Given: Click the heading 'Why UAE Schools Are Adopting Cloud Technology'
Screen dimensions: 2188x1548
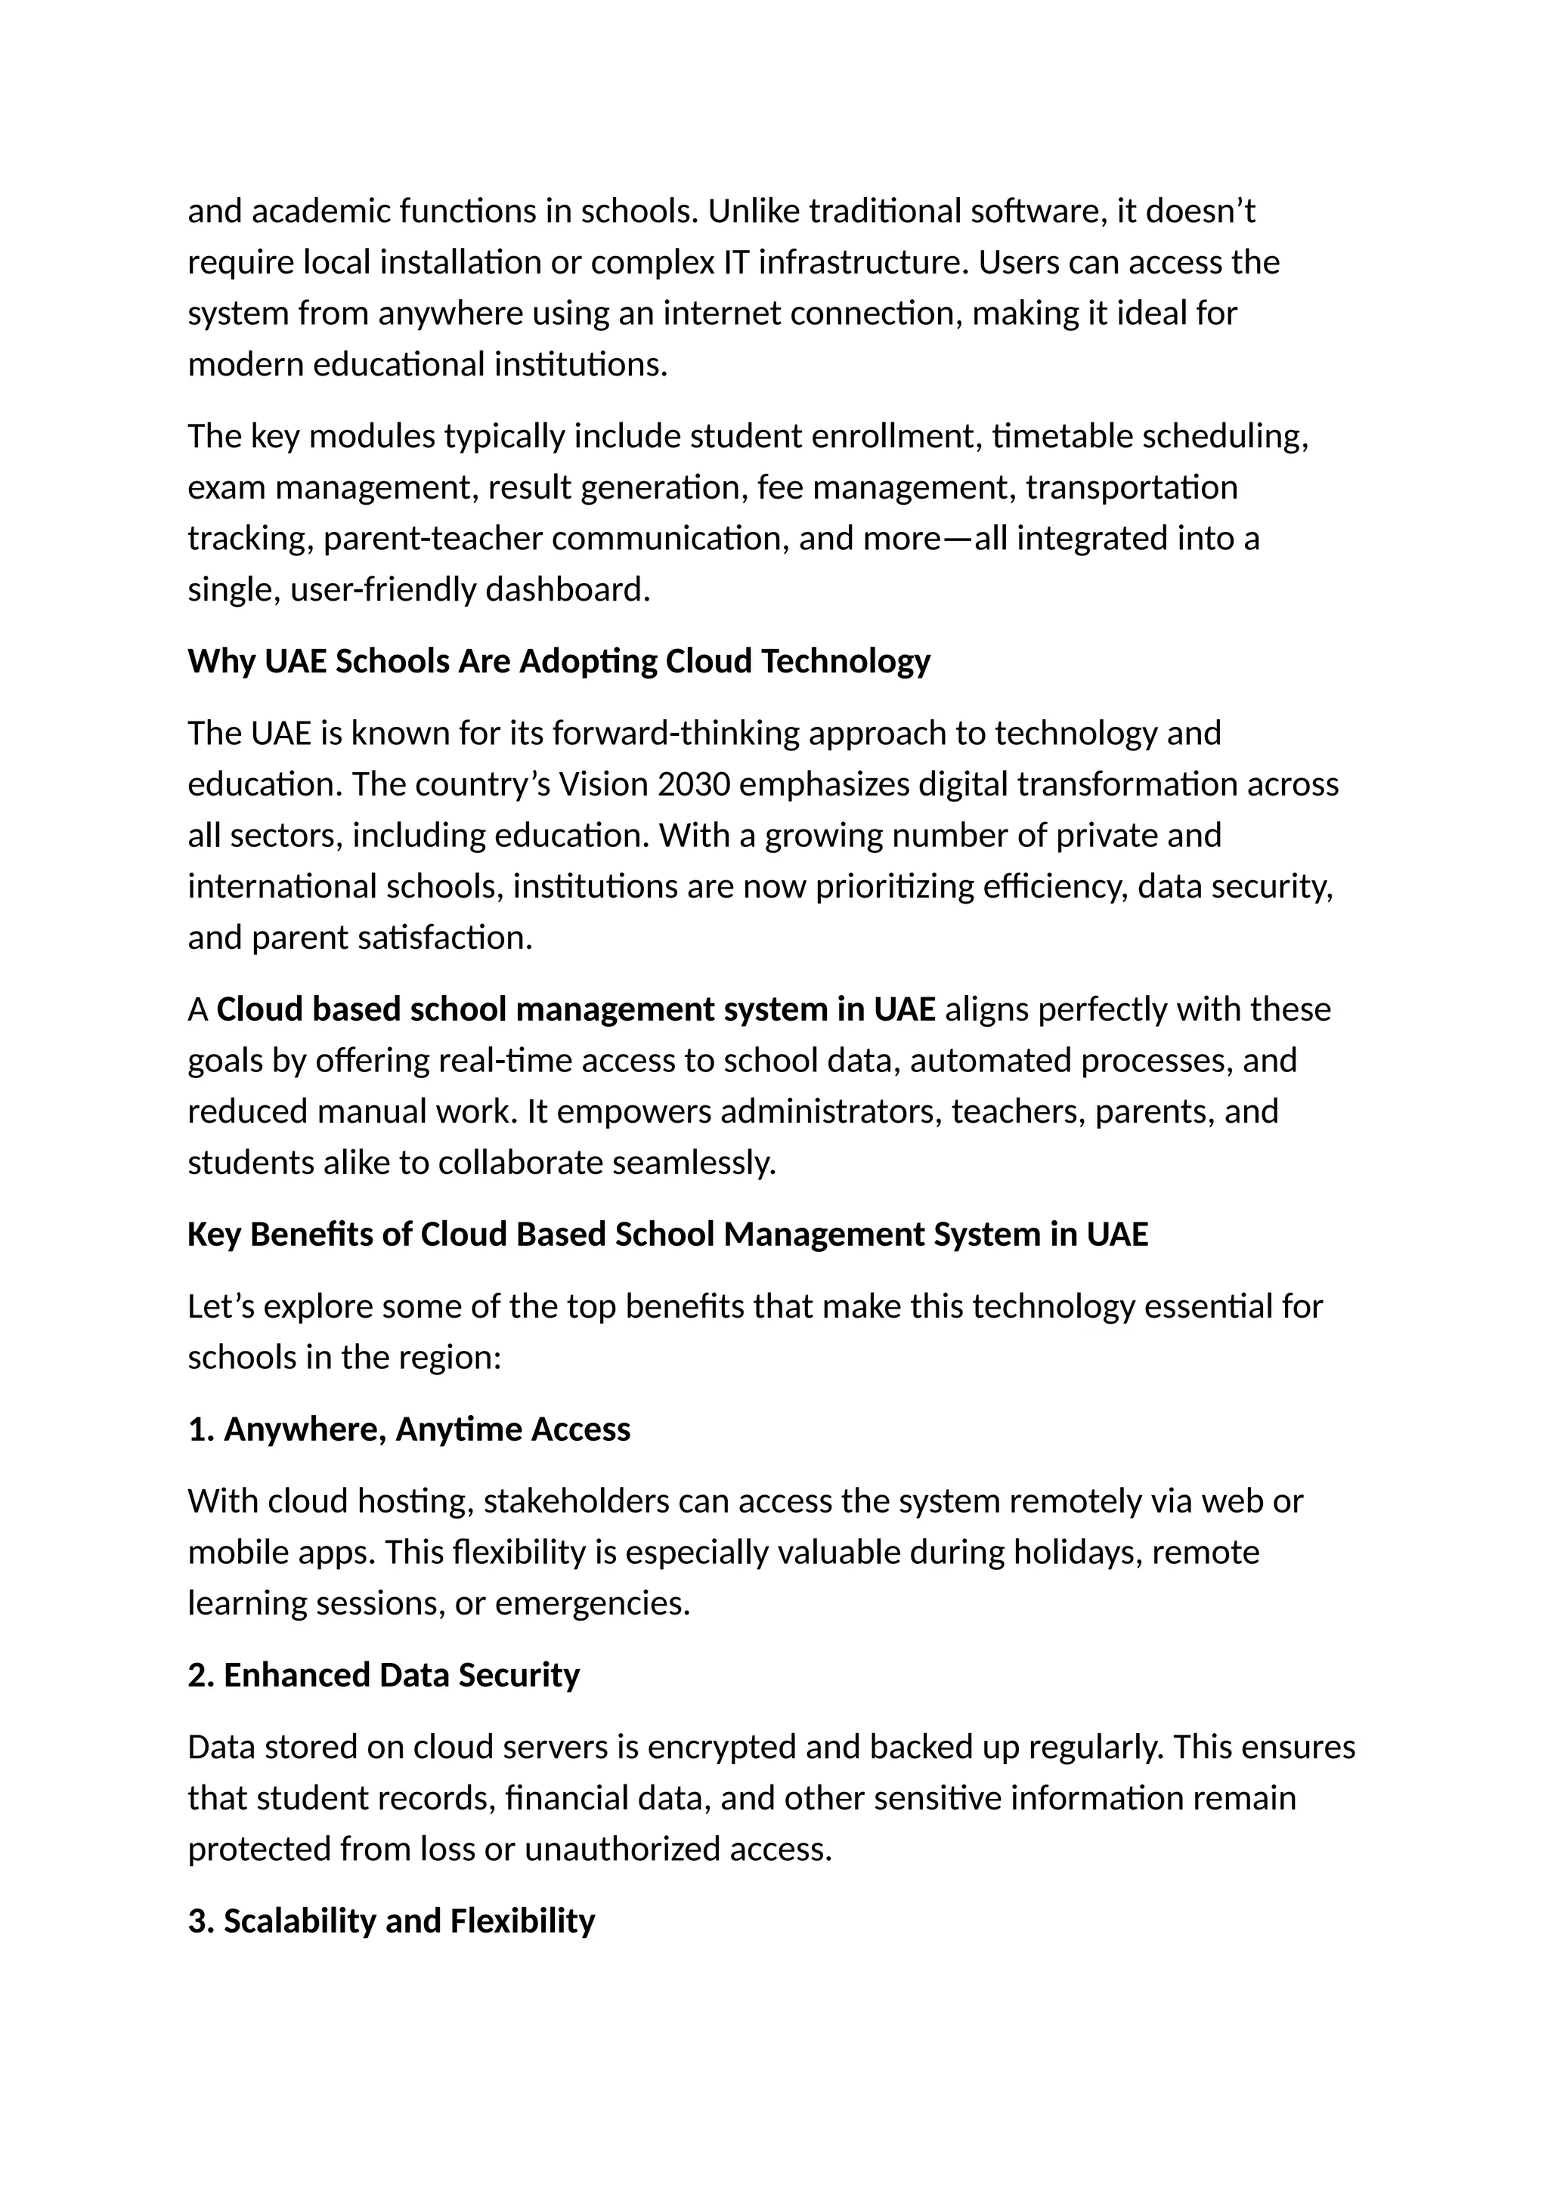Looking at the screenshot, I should click(559, 661).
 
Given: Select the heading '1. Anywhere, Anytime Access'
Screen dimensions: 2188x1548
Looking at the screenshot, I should click(409, 1429).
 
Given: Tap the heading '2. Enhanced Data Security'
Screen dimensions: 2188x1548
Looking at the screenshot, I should click(383, 1675).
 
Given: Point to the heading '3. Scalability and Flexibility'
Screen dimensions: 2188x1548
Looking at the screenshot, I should click(391, 1921).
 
